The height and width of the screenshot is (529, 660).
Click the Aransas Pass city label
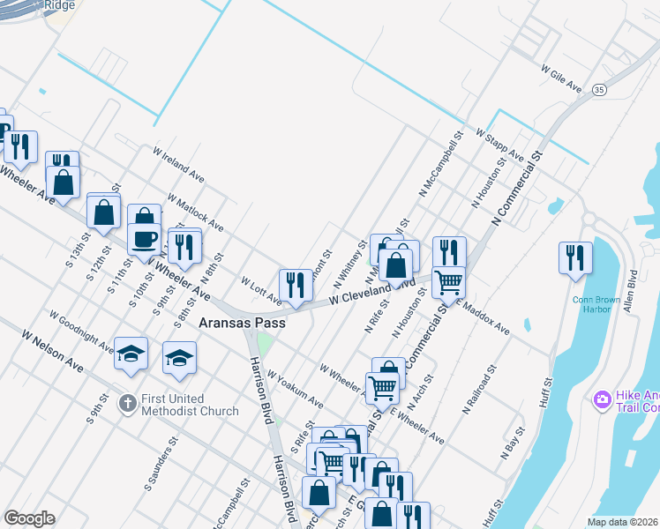(x=244, y=324)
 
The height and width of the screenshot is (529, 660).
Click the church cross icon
(x=127, y=403)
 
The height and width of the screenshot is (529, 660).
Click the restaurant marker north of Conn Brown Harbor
(x=575, y=258)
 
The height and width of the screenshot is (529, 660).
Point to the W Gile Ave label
(x=561, y=77)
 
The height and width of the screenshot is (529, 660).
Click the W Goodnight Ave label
(x=81, y=330)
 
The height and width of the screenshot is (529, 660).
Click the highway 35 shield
(x=599, y=90)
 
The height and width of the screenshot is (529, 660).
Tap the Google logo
(x=29, y=518)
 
